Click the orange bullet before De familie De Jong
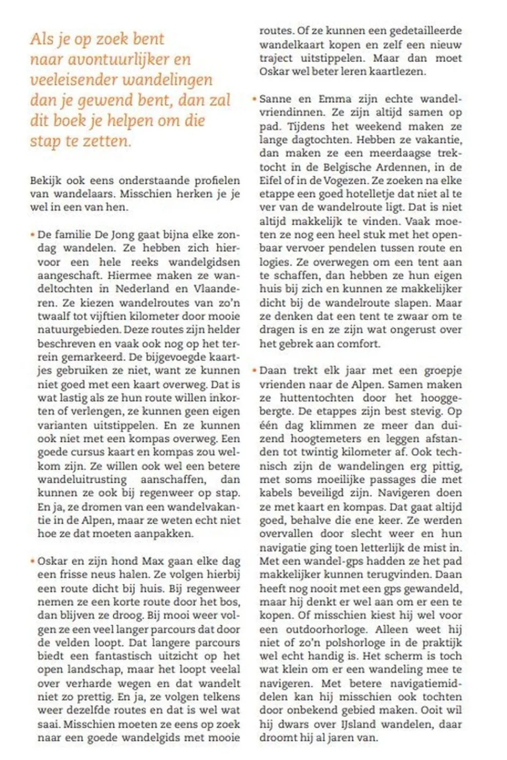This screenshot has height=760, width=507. coord(32,235)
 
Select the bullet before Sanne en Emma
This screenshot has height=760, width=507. coord(254,99)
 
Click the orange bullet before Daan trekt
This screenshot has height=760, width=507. coord(254,370)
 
